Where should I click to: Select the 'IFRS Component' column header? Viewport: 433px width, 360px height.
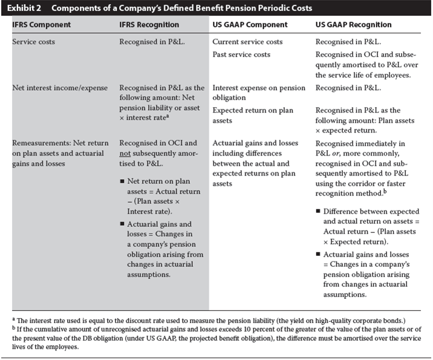[41, 25]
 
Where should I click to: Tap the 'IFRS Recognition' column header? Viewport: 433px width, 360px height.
[149, 25]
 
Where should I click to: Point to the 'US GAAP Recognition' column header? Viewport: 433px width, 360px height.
[354, 25]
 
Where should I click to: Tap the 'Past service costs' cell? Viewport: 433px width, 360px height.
[241, 54]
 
